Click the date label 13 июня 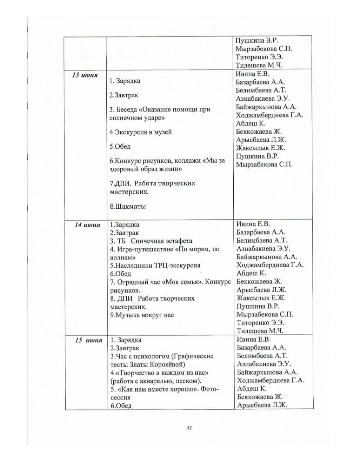[x=85, y=75]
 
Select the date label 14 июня [x=87, y=225]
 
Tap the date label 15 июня [x=88, y=340]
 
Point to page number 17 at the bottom [x=189, y=428]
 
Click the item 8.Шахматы [x=128, y=207]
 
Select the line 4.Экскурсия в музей [x=141, y=132]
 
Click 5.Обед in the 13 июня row [x=120, y=147]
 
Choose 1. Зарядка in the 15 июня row [x=126, y=340]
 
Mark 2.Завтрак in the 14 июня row [x=125, y=233]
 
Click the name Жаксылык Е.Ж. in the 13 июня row [x=260, y=148]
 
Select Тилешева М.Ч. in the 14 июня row [x=260, y=331]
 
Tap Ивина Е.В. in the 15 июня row [x=253, y=339]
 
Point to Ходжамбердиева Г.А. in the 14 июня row [x=270, y=265]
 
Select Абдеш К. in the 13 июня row [x=251, y=123]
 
